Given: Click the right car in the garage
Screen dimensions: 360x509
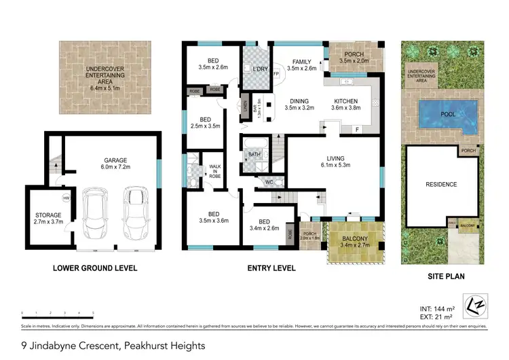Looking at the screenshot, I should tap(135, 212).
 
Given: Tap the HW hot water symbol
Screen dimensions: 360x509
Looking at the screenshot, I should tap(67, 198).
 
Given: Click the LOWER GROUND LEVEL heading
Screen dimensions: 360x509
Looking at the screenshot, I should tap(95, 268).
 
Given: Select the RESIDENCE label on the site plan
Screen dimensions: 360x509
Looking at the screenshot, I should tap(441, 184).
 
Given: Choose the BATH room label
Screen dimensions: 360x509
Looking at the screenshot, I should tap(254, 155).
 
